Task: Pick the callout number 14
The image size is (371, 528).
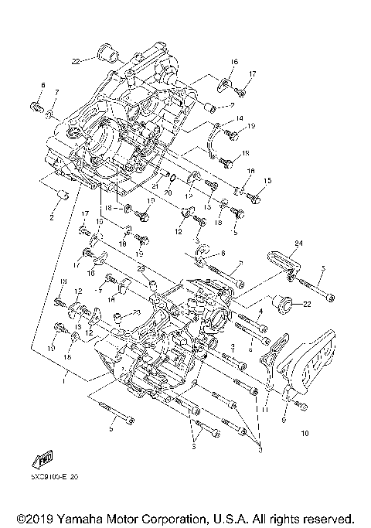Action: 240,118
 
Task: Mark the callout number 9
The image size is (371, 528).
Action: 284,421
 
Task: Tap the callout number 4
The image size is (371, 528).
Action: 262,312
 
